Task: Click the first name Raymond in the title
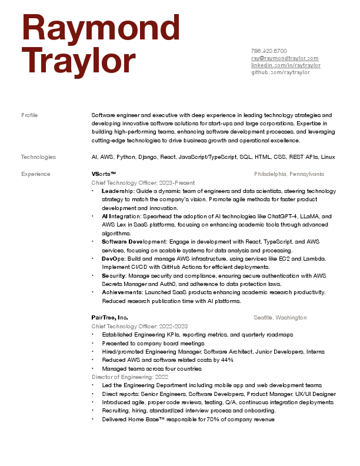click(x=101, y=29)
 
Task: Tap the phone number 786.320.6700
click(x=269, y=51)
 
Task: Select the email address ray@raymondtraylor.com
click(x=285, y=58)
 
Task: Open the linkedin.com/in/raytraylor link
click(x=286, y=65)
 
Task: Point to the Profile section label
click(x=29, y=115)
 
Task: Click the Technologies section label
click(x=38, y=157)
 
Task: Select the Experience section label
click(x=35, y=174)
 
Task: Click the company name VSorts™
click(x=104, y=174)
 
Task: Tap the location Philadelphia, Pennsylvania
click(x=289, y=174)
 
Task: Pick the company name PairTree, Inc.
click(x=109, y=318)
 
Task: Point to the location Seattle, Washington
click(x=280, y=318)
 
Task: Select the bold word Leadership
click(x=117, y=191)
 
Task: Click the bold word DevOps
click(x=112, y=259)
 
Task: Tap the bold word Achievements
click(x=121, y=292)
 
